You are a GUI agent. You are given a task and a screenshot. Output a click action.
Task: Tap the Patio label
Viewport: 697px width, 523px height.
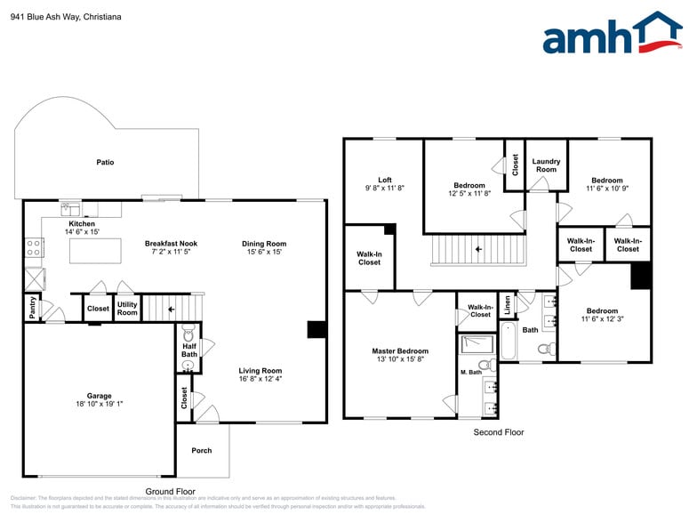[x=105, y=162]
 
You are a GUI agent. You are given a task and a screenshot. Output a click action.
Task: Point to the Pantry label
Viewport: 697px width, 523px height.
[x=33, y=308]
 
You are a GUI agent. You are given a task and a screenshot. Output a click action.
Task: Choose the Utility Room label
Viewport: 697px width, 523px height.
[x=127, y=308]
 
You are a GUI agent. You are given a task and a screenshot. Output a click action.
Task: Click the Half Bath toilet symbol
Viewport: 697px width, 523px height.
[x=188, y=335]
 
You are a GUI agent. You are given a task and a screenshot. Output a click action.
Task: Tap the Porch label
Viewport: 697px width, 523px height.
[x=202, y=450]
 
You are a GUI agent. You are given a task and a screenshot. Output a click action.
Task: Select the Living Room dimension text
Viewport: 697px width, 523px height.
[x=260, y=380]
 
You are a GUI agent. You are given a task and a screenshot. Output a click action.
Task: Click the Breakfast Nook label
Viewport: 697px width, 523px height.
[x=171, y=244]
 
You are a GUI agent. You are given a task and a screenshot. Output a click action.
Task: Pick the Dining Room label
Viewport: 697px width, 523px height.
[x=264, y=244]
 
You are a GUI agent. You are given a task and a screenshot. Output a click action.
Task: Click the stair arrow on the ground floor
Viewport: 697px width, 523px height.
[x=172, y=309]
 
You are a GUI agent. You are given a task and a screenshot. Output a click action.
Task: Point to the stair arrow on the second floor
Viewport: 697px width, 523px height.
[x=477, y=249]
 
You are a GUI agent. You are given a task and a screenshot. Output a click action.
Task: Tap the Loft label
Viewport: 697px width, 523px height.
[x=384, y=179]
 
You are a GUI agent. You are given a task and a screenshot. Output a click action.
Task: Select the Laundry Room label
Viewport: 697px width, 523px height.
[x=546, y=165]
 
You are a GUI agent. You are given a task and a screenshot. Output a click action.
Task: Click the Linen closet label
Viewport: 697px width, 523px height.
[x=507, y=305]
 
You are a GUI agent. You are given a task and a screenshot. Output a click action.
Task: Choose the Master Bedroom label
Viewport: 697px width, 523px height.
[x=399, y=350]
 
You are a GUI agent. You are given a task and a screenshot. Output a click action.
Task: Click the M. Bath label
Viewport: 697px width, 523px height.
[x=469, y=372]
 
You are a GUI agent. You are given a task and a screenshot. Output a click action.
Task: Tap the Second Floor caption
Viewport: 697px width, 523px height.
[x=498, y=432]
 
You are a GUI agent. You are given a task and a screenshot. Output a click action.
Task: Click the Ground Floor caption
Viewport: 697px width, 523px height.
[x=170, y=491]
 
